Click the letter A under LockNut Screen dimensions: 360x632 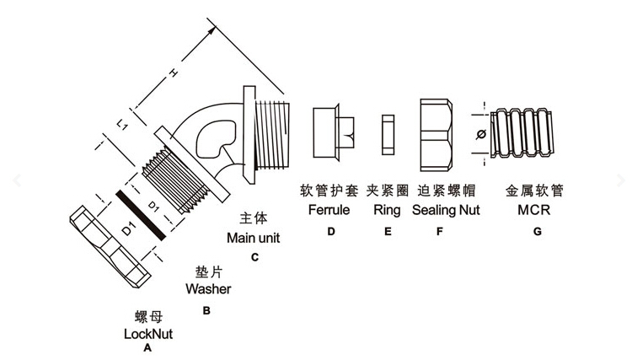[147, 347]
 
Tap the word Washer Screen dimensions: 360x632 [208, 289]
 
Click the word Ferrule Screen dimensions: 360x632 [329, 209]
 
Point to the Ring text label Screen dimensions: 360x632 [387, 209]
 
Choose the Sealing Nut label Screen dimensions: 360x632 [446, 209]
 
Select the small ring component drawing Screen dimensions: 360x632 [388, 135]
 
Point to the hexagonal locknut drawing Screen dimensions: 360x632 [107, 244]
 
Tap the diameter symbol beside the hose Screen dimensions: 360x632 [480, 133]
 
